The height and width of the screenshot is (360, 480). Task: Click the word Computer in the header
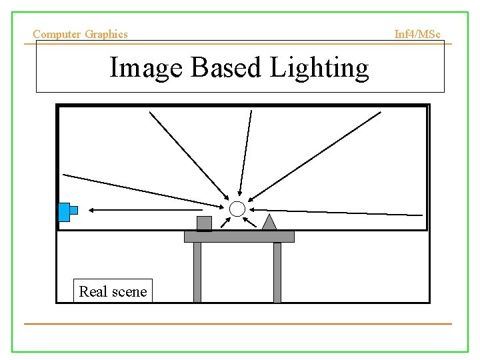[x=57, y=34]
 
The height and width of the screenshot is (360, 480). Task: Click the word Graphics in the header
[x=107, y=34]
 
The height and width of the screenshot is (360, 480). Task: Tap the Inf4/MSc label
[x=417, y=34]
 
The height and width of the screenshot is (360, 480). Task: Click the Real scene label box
[x=113, y=291]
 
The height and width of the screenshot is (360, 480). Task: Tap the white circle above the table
[x=237, y=209]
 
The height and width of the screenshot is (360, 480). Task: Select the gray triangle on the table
[x=269, y=223]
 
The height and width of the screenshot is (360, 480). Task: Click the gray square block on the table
[x=204, y=223]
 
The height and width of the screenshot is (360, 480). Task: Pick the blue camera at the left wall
[x=64, y=211]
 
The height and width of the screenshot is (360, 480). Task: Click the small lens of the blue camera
[x=73, y=210]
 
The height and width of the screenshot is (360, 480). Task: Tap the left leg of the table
[x=197, y=272]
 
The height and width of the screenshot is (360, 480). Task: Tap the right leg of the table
[x=277, y=272]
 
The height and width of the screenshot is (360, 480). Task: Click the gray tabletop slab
[x=239, y=237]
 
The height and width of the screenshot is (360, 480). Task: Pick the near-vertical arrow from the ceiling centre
[x=246, y=153]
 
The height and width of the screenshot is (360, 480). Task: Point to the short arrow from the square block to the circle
[x=224, y=221]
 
